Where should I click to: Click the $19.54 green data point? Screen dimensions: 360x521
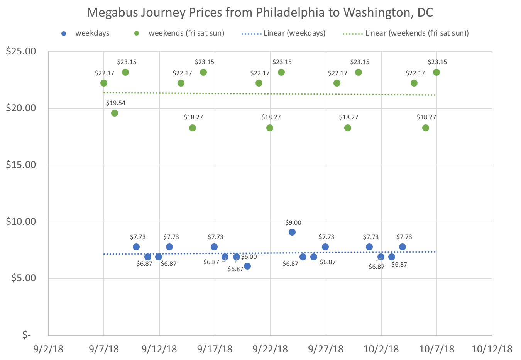115,113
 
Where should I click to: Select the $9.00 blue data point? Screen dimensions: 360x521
292,232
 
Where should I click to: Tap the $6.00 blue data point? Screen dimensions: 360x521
247,266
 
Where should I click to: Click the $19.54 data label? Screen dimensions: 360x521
116,103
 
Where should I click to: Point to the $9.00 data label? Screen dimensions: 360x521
293,223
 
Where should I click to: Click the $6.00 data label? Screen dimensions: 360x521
249,257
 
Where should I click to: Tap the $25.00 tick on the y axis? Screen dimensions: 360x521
21,51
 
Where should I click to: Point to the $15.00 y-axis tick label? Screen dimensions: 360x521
21,165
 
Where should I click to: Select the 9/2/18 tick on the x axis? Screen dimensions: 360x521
48,349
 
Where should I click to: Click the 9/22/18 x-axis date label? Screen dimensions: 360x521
270,349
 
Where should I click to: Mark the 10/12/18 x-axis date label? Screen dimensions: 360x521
492,349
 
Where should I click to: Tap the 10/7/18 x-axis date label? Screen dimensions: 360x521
436,349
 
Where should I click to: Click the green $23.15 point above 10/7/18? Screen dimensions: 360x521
436,72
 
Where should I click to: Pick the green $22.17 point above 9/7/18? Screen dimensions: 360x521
104,83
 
